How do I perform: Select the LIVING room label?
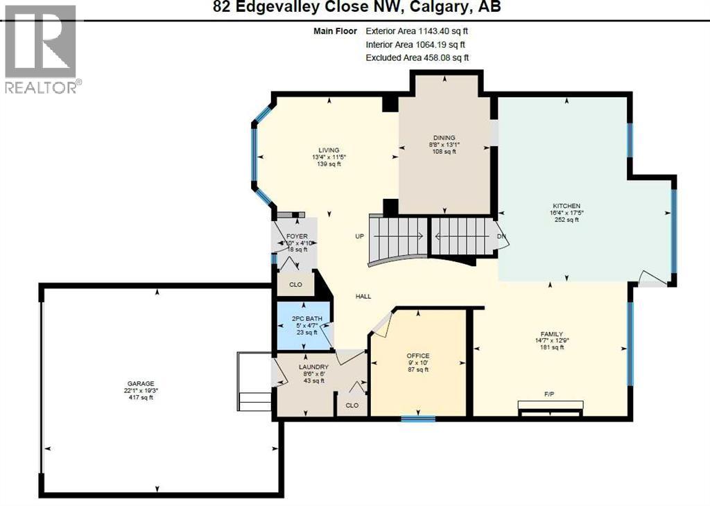(x=329, y=150)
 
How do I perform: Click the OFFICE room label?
(x=417, y=356)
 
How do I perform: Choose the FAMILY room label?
(x=551, y=333)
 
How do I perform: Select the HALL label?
(x=363, y=297)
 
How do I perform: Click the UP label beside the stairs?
(x=359, y=236)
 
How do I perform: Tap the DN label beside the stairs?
(x=502, y=236)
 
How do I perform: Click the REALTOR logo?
(x=43, y=49)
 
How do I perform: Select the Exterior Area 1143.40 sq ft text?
(x=422, y=31)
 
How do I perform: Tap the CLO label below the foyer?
(x=295, y=283)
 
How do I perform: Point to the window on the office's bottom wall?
(x=418, y=418)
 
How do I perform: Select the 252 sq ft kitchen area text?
(x=565, y=220)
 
